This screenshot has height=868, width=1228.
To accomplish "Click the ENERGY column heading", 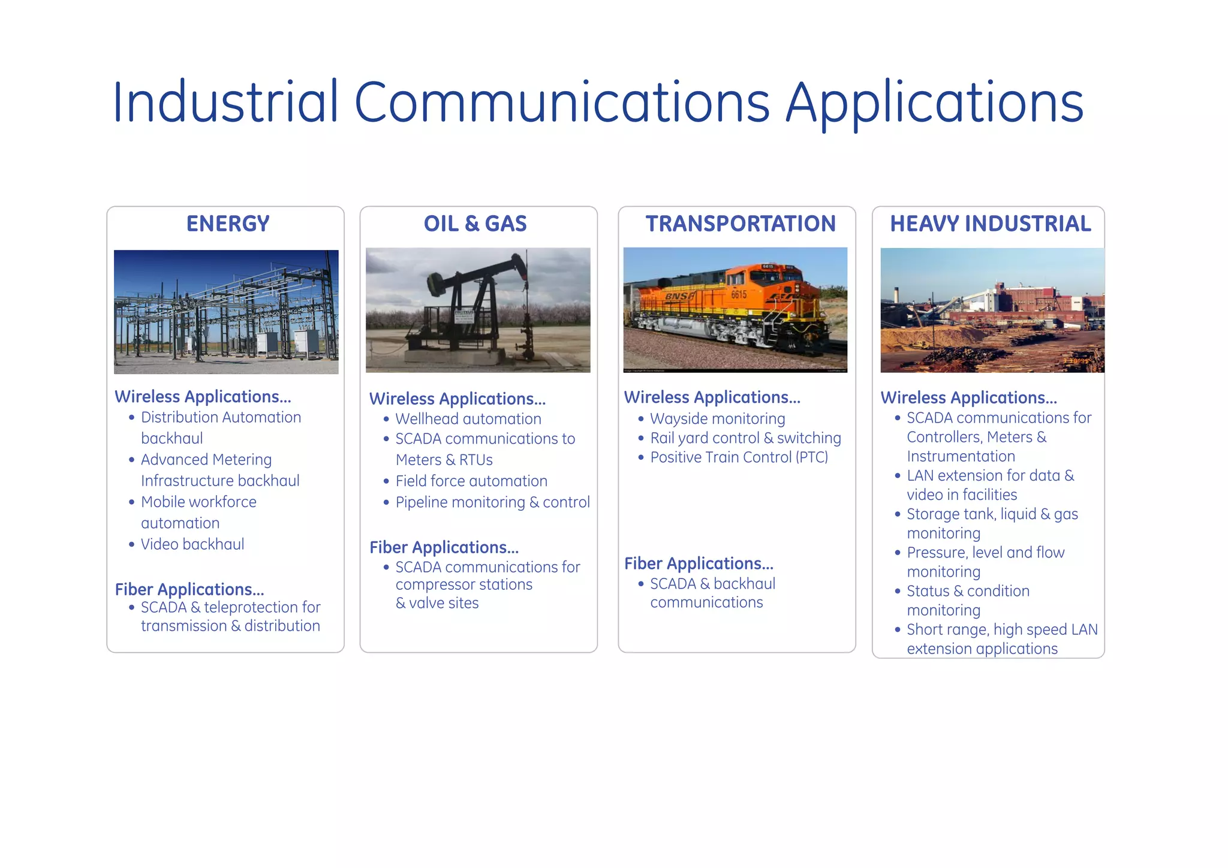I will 228,224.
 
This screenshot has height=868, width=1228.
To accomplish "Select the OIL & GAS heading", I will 475,224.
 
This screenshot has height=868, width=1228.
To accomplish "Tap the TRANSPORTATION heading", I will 741,224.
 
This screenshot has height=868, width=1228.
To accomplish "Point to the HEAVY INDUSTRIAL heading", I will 990,224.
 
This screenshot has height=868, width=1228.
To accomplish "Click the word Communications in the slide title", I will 562,102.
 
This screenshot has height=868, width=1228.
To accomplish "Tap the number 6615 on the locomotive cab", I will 739,294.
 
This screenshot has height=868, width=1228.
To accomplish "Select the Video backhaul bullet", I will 192,544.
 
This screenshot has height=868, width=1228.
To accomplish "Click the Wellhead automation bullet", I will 468,419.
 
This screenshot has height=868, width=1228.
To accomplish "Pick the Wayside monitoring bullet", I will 717,418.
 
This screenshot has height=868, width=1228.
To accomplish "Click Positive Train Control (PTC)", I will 739,457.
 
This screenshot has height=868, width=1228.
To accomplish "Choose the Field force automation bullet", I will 471,481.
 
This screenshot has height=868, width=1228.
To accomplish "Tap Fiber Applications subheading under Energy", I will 189,589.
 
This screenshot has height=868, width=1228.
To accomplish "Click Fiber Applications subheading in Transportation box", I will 699,563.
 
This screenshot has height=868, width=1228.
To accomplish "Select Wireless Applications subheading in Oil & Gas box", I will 458,399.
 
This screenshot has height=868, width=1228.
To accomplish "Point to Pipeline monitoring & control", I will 492,502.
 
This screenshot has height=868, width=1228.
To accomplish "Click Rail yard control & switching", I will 745,438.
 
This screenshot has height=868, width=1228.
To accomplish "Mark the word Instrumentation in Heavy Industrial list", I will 961,456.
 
